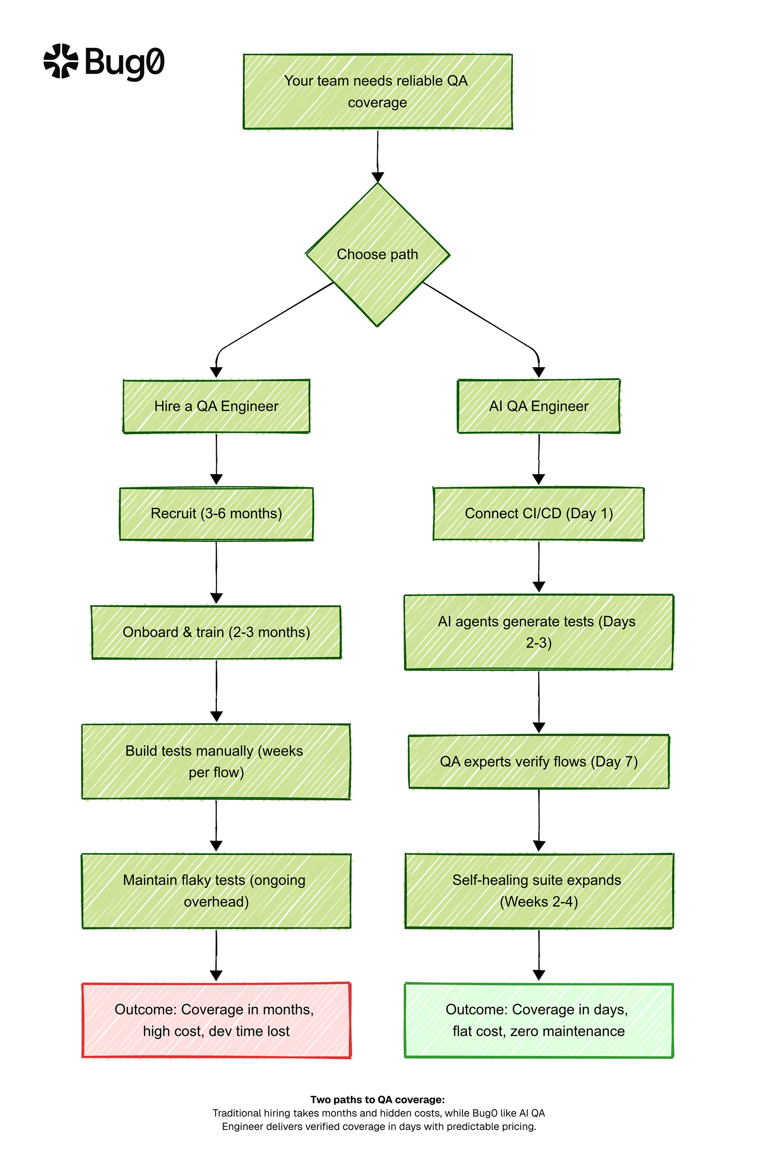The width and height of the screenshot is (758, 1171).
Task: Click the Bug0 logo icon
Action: click(60, 61)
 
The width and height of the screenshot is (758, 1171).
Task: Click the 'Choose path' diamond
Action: click(377, 255)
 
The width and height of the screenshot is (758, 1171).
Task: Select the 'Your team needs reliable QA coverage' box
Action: click(377, 92)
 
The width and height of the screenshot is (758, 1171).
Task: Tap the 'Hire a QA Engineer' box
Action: click(216, 407)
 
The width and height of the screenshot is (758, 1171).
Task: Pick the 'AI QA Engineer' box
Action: click(538, 407)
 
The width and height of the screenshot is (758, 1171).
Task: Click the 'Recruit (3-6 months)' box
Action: click(216, 513)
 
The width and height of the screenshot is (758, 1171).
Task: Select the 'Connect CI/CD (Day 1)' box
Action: click(538, 513)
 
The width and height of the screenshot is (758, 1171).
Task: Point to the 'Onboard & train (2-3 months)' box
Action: click(216, 632)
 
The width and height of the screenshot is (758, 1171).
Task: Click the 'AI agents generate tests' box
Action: click(538, 632)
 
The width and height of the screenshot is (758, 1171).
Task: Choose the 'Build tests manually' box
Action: click(216, 762)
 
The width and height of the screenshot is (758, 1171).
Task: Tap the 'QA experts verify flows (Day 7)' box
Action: click(538, 762)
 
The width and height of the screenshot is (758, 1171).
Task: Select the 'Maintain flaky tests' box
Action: click(216, 891)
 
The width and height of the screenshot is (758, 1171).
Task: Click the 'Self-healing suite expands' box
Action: click(538, 891)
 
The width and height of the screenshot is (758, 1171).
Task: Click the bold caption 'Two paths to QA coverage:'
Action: click(377, 1100)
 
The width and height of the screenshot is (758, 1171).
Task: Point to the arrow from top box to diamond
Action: click(377, 155)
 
